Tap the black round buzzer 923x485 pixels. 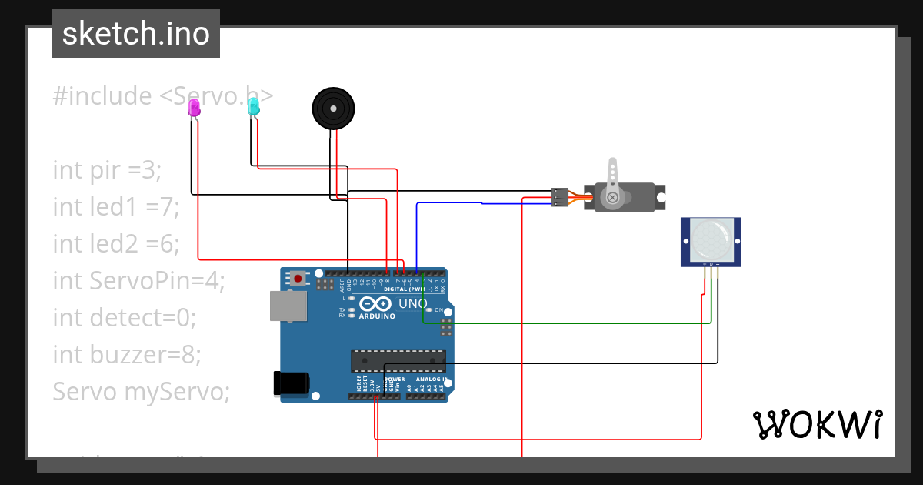[x=334, y=109]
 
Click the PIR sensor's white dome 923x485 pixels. [x=711, y=239]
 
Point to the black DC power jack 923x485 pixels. [x=292, y=383]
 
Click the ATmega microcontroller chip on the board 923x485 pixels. [x=398, y=360]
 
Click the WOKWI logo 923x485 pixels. [x=818, y=424]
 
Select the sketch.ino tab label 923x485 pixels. [x=136, y=34]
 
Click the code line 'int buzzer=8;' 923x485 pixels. [x=127, y=355]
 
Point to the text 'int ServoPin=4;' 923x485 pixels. [x=138, y=281]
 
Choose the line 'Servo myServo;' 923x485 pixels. [x=142, y=392]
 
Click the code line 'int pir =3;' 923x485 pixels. [x=108, y=170]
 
